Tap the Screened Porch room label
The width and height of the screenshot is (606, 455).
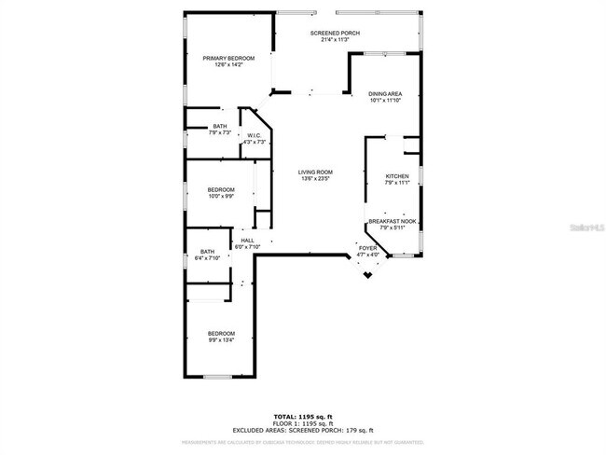click(335, 33)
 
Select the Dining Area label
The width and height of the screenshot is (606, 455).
click(385, 94)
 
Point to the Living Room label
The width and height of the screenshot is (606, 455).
click(315, 172)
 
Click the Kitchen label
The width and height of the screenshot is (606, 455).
click(398, 176)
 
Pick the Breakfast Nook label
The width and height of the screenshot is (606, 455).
click(393, 221)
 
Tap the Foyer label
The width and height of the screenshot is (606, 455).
click(368, 248)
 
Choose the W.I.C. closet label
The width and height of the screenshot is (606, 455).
click(255, 136)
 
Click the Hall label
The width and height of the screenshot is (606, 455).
click(248, 241)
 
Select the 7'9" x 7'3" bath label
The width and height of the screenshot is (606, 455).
click(220, 127)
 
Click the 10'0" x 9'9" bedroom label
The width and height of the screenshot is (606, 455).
click(221, 190)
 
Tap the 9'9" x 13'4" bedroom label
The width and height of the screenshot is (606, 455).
click(221, 334)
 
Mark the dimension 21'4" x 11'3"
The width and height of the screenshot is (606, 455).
click(335, 40)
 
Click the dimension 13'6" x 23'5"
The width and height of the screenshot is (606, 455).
click(315, 179)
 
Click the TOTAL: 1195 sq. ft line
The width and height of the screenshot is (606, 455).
click(302, 416)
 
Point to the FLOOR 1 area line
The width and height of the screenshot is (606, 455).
click(302, 422)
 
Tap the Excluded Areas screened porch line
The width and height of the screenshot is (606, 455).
click(302, 430)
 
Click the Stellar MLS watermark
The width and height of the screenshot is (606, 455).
click(587, 227)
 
